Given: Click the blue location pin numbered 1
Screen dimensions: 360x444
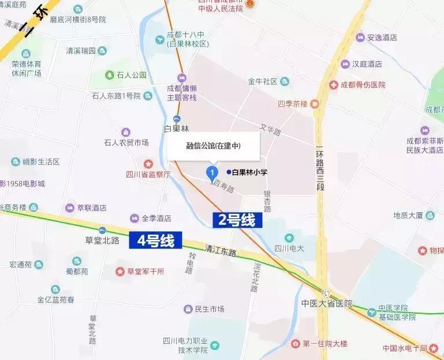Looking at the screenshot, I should coord(212,172).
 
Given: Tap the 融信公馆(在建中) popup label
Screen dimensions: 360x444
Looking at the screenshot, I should coord(213,146).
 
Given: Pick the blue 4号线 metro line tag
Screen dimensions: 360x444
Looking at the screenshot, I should coord(155,240).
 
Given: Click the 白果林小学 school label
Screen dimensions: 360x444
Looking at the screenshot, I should coord(250,172).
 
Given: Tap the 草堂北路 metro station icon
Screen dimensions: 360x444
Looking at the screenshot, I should coord(102,230).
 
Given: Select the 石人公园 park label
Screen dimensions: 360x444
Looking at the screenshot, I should coord(125,75).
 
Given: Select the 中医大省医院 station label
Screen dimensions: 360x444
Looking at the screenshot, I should coord(326,303).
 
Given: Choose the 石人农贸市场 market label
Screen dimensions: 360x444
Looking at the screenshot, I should coord(126,142).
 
